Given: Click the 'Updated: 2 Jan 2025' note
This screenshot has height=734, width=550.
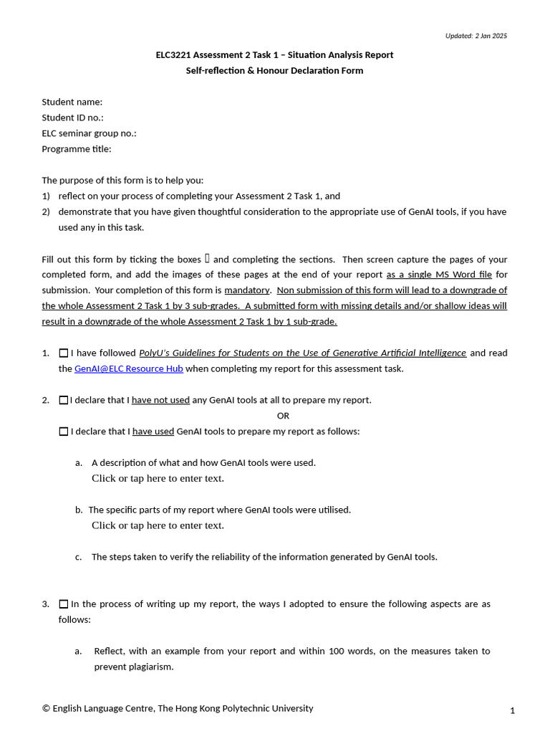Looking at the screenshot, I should click(476, 36).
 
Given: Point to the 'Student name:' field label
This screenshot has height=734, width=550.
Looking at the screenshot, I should click(72, 102).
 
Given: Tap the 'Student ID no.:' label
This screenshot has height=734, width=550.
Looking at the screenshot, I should click(72, 118).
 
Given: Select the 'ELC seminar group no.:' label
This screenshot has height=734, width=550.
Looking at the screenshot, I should click(89, 133).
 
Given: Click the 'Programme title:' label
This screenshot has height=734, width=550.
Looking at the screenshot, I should click(77, 149).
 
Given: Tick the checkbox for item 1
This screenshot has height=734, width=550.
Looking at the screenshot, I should click(64, 353).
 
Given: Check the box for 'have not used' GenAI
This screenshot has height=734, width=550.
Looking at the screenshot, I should click(64, 400).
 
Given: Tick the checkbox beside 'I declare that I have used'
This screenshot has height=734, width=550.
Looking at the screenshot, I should click(64, 432).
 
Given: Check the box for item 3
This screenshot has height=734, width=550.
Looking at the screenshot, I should click(64, 604).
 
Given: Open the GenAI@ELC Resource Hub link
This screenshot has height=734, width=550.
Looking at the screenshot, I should click(129, 368).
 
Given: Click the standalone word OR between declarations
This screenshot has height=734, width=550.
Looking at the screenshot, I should click(283, 416).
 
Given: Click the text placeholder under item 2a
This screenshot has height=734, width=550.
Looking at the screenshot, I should click(158, 478).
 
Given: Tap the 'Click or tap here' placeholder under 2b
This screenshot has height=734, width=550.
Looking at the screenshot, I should click(158, 525).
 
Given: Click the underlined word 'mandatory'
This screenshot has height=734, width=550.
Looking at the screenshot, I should click(247, 290).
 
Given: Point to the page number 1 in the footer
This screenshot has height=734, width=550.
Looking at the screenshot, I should click(512, 710).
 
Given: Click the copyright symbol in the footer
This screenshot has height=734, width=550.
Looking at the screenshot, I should click(46, 708).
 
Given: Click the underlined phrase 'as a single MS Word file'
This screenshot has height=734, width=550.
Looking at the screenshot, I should click(439, 275).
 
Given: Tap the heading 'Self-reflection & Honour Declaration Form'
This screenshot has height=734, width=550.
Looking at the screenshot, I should click(274, 71).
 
